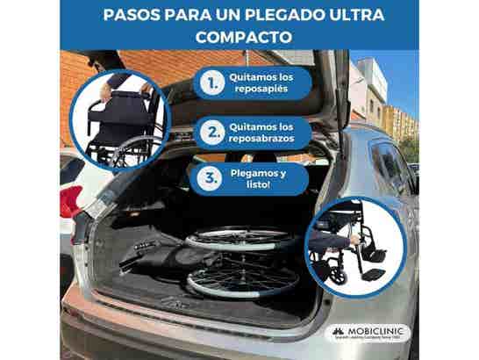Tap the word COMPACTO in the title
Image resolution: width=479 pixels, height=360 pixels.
coord(239,38)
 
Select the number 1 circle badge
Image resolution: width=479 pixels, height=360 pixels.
coord(210,85)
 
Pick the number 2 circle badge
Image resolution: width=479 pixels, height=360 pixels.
coord(210,133)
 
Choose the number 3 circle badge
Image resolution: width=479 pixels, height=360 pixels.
coord(210,179)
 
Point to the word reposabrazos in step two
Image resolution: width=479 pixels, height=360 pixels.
coord(263,140)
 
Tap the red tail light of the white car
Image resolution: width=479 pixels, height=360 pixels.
coord(70,200)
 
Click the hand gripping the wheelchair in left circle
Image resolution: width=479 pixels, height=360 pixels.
coord(106,91)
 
